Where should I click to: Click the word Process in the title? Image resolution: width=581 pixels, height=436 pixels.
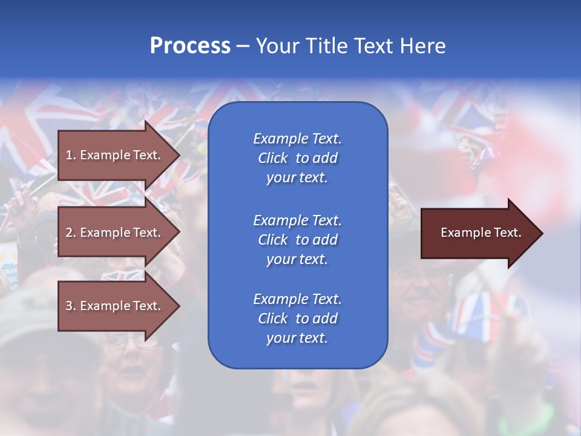190,46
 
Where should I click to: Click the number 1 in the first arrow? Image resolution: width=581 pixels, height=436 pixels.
68,155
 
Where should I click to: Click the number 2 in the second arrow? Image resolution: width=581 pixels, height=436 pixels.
68,233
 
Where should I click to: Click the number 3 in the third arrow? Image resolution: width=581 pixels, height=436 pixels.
68,306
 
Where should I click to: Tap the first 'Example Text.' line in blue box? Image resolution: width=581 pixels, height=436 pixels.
297,139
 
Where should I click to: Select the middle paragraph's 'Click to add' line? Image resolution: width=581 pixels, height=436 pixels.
297,240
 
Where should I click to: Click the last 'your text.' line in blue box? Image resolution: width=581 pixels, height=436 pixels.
297,338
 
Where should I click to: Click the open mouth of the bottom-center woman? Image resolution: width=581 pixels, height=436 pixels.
306,385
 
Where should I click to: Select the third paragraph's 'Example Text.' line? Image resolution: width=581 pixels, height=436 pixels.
297,299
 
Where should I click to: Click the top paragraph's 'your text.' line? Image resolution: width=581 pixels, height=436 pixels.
297,177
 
